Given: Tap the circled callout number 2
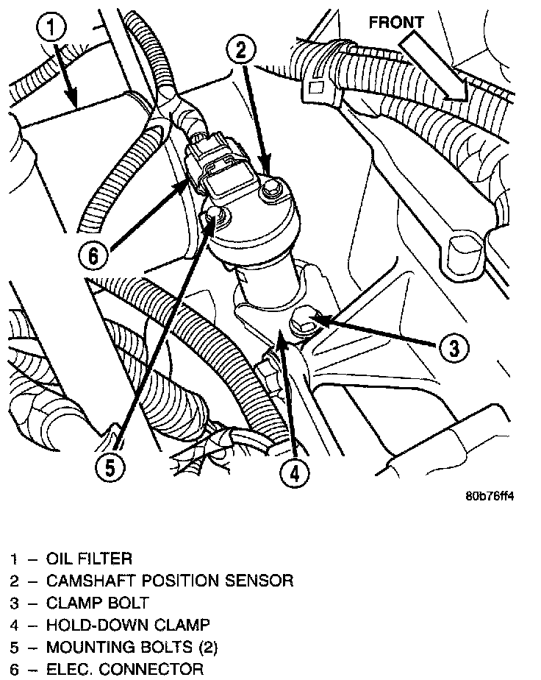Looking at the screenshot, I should [x=242, y=51].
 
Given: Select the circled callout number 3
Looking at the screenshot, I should [x=454, y=347].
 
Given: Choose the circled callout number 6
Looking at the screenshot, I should [x=93, y=257].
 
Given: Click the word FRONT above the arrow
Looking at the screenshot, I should [x=396, y=22].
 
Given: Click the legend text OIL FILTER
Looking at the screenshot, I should [x=89, y=560].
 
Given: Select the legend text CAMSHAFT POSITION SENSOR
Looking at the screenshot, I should [x=169, y=581].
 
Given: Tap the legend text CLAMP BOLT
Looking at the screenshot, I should [x=97, y=603].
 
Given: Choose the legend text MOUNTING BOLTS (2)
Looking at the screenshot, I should [x=132, y=648].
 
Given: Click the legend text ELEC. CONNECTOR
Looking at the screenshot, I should [x=124, y=670].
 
